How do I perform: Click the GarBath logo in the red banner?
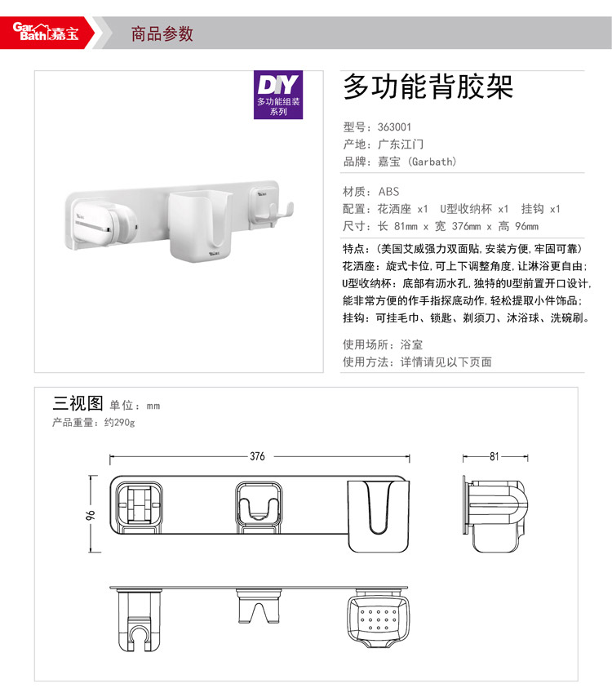click(46, 32)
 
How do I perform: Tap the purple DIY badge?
click(278, 95)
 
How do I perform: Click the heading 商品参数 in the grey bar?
click(162, 33)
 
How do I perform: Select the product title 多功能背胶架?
click(428, 87)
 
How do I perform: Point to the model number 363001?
click(394, 127)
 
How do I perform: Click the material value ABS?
click(388, 192)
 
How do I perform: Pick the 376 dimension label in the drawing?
click(257, 456)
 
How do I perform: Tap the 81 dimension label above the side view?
click(494, 456)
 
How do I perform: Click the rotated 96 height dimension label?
click(91, 515)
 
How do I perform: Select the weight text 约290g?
click(120, 422)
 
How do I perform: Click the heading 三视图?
click(78, 403)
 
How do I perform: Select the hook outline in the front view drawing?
click(258, 507)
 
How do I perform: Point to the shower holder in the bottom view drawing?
click(139, 621)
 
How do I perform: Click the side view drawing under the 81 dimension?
click(495, 515)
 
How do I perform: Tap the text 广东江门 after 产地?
click(401, 144)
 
